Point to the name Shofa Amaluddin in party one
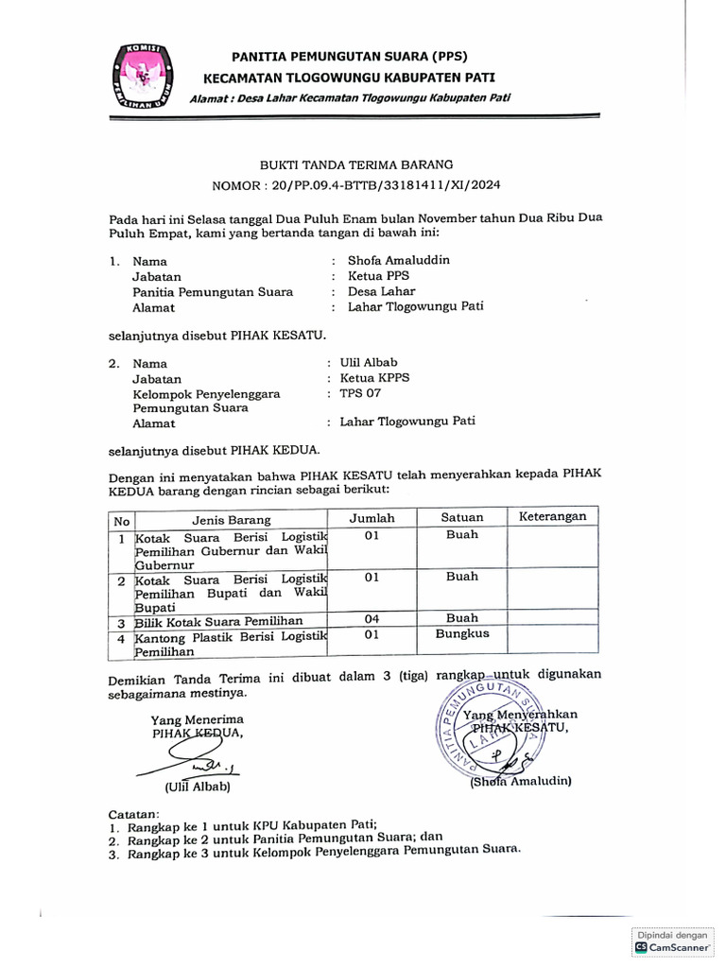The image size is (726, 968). coord(399,260)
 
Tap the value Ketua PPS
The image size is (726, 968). coord(379,276)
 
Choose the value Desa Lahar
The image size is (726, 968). coord(381,291)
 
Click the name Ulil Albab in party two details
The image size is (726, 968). coord(369,362)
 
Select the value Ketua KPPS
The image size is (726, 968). coord(374,377)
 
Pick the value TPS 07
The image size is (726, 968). coord(360,392)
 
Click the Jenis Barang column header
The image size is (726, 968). coord(232,519)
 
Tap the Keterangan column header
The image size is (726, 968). coord(552,516)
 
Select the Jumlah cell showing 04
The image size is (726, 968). coord(372,618)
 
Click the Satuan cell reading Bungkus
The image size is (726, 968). coord(462,633)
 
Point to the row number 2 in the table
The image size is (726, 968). coord(121,579)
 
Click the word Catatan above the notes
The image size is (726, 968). coord(134,812)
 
